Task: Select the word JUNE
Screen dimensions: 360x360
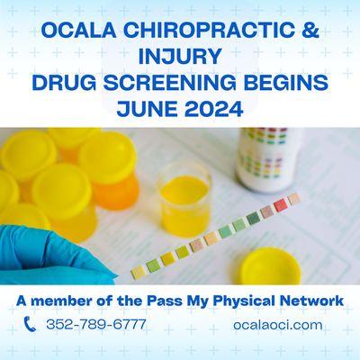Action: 148,113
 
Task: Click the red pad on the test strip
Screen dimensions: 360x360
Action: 280,205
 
